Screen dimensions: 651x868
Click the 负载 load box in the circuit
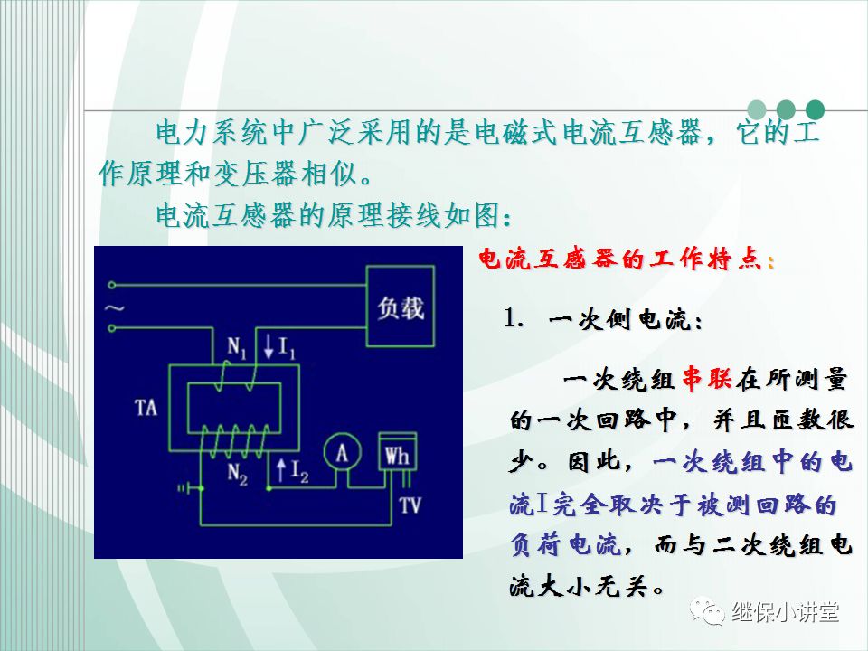click(400, 307)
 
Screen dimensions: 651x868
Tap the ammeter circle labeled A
click(343, 451)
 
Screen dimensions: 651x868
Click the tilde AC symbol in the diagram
click(114, 307)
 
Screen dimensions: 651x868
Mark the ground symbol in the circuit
click(188, 488)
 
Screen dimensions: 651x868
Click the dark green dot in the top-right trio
click(815, 109)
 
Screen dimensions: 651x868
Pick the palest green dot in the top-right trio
click(757, 109)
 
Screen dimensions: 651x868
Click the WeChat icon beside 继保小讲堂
click(707, 612)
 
